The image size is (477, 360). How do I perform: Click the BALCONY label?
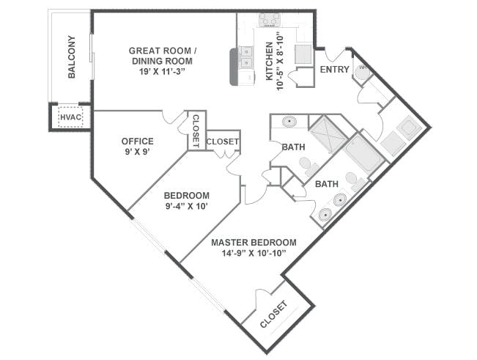72,57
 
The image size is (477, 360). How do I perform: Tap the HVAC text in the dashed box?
70,117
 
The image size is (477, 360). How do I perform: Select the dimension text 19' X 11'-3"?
162,72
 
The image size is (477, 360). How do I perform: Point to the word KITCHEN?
270,61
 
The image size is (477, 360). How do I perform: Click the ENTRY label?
335,70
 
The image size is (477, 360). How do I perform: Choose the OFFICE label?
138,142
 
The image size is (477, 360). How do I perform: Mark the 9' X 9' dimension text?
138,152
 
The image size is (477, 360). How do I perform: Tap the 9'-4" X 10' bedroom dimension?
187,206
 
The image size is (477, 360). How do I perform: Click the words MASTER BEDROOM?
254,243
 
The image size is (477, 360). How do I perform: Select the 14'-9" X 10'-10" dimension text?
254,253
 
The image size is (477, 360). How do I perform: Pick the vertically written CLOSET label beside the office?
196,131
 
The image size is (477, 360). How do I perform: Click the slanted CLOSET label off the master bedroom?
274,315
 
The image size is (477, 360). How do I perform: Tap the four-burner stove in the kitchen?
269,20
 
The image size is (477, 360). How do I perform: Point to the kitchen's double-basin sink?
245,57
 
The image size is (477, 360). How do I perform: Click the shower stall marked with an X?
328,134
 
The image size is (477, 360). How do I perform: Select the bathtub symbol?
364,154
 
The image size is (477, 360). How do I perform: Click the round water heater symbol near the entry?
363,72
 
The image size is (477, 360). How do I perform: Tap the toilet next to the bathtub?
354,181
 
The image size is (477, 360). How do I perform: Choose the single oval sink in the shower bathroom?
289,122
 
